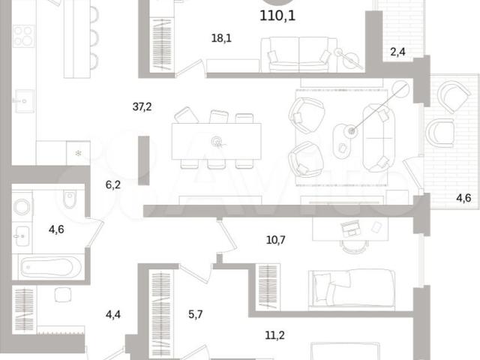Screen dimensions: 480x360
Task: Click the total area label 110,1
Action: tap(277, 16)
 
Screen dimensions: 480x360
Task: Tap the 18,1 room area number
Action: tap(221, 38)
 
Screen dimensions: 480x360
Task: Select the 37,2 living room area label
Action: tap(142, 106)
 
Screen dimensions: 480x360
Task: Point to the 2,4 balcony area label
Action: tap(397, 52)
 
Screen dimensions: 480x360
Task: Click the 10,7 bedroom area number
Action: tap(275, 240)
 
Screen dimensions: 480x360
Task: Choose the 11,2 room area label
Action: tap(274, 335)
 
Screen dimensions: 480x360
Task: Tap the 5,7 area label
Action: tap(195, 314)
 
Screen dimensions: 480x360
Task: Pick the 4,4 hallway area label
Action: tap(113, 314)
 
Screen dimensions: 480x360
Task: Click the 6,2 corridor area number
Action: tap(113, 185)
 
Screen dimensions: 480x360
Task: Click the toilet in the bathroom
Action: tap(70, 198)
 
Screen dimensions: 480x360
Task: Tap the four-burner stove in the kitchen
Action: tap(23, 36)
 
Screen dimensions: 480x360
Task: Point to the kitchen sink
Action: tap(24, 101)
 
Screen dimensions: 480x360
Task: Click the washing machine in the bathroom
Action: tap(22, 207)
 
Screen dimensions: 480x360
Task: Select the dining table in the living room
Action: tap(217, 141)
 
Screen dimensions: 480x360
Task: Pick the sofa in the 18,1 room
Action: tap(298, 55)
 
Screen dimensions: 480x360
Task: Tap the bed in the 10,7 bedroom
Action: tap(352, 288)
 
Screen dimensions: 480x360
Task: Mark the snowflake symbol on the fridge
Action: tap(78, 153)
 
